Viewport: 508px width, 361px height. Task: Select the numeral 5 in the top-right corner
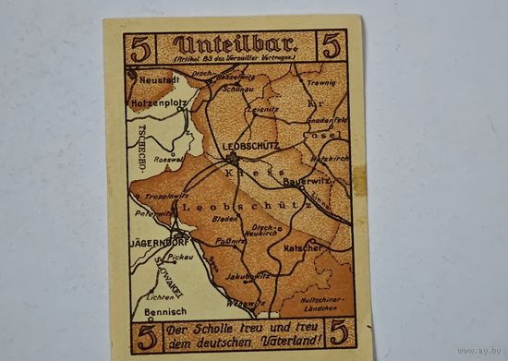click(331, 45)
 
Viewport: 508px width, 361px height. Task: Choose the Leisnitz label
click(268, 109)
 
